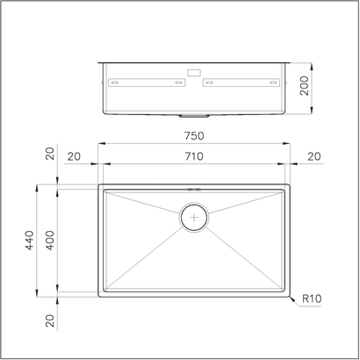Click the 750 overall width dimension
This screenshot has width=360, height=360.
tap(194, 135)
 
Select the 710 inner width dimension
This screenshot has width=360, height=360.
tap(194, 156)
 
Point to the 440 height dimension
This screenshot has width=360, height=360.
tap(29, 239)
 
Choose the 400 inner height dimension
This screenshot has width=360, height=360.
tap(50, 239)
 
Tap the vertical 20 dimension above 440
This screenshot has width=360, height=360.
tap(50, 156)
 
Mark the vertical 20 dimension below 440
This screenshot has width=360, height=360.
tap(50, 320)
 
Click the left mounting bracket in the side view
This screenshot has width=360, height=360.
tap(146, 83)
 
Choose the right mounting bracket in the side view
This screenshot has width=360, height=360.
tap(243, 83)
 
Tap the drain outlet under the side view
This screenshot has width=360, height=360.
tap(194, 115)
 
